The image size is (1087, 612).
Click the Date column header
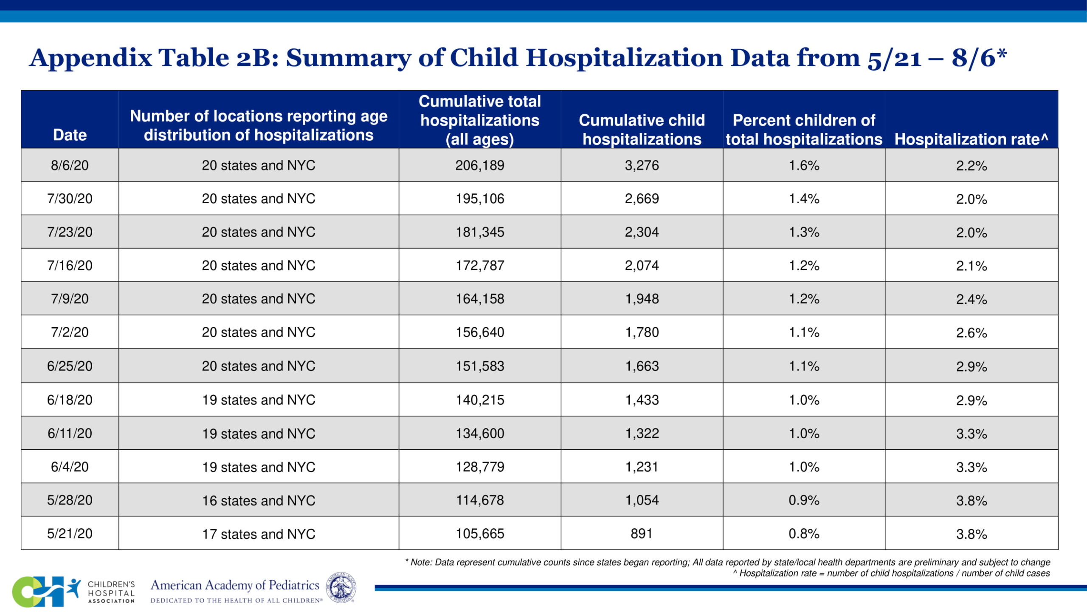coord(70,135)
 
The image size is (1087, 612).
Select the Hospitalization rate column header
coord(971,139)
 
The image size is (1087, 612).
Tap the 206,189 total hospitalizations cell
coord(480,165)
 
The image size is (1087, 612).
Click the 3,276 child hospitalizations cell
coord(642,165)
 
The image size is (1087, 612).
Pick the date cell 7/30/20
coord(70,198)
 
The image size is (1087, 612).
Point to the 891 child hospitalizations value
coord(641,533)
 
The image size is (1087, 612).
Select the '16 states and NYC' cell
coord(258,500)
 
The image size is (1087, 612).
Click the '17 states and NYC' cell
coord(258,534)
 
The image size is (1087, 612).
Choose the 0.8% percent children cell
coord(803,533)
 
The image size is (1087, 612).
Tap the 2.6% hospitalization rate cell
coord(971,332)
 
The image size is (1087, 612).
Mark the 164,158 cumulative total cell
coord(480,299)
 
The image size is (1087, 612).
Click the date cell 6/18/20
coord(70,400)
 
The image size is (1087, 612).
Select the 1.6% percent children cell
coord(803,165)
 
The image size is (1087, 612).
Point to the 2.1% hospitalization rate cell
coord(971,266)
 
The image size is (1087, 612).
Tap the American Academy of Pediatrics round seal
coord(341,587)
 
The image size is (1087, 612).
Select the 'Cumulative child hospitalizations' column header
coord(642,130)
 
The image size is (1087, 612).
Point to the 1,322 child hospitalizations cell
coord(642,433)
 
